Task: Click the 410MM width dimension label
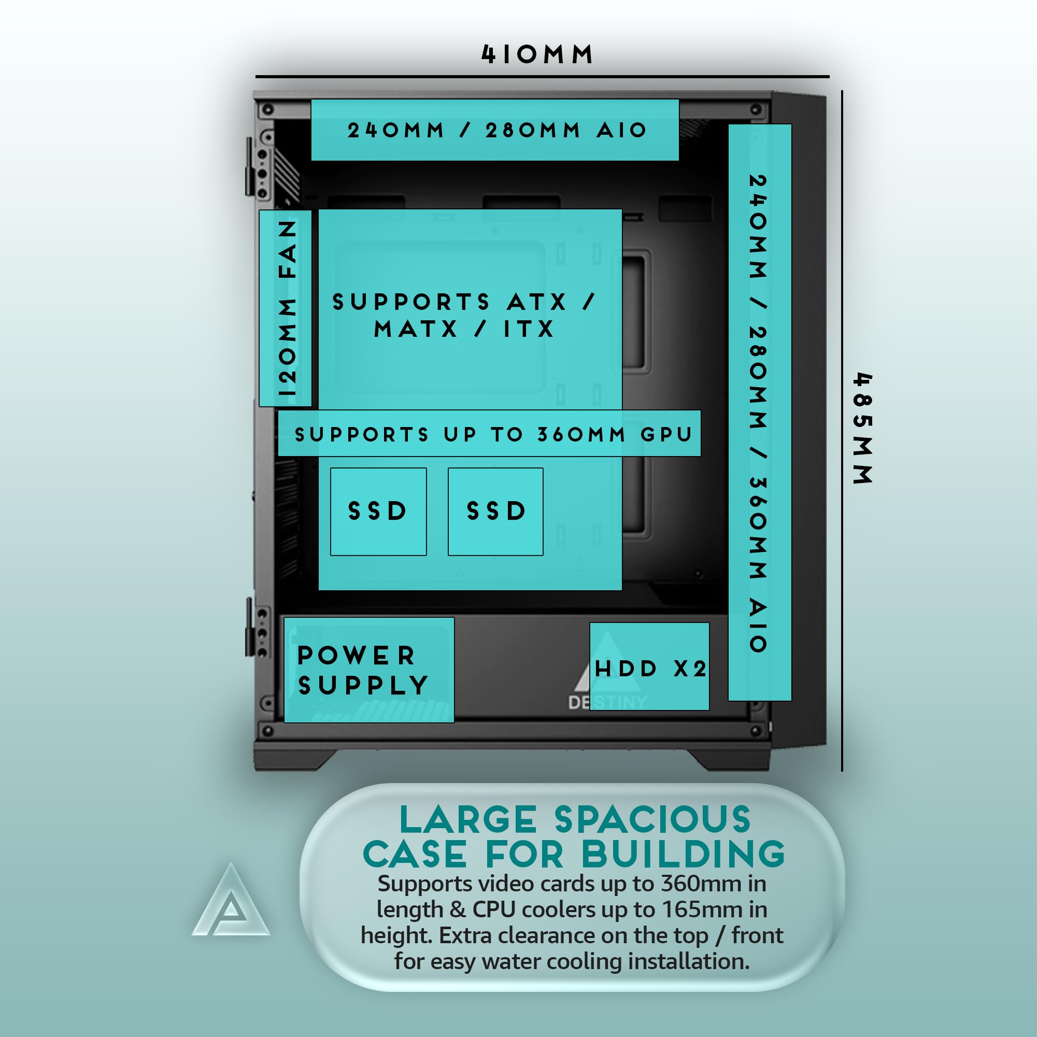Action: [537, 54]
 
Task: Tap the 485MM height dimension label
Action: [863, 428]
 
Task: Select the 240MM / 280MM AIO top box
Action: [495, 130]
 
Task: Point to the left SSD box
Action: [378, 512]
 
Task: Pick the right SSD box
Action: [495, 512]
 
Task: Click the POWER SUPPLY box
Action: [369, 670]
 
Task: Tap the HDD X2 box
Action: [649, 667]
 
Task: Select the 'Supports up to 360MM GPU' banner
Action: [489, 434]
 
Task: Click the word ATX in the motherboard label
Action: [537, 302]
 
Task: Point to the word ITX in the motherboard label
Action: [528, 329]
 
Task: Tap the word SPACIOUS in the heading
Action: [652, 820]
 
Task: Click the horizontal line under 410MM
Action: [542, 77]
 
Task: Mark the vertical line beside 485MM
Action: [842, 430]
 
